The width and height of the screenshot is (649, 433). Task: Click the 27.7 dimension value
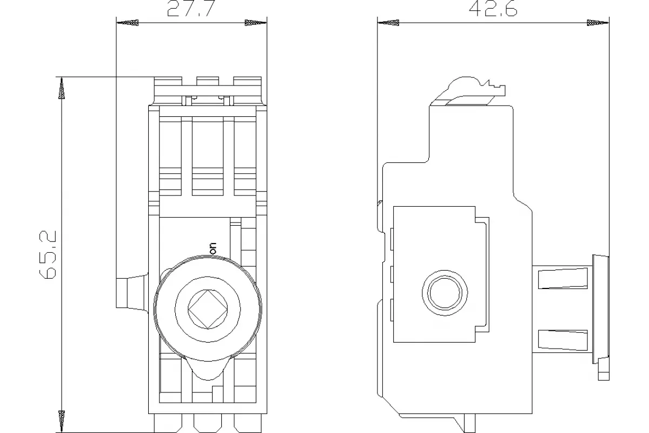(x=191, y=8)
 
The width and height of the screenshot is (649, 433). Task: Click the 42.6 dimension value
(x=493, y=9)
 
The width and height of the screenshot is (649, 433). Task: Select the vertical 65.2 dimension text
(x=48, y=255)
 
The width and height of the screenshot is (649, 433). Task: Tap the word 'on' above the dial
(x=213, y=249)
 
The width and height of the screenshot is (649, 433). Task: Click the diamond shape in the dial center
(x=208, y=309)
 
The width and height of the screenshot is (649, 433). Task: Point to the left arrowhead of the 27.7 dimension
(x=128, y=23)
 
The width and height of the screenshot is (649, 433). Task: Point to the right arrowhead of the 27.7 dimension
(x=255, y=23)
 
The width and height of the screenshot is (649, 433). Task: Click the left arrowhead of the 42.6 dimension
(x=388, y=23)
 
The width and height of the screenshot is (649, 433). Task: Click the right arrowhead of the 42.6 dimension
(x=598, y=23)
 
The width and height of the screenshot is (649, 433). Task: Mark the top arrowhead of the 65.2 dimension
(x=62, y=88)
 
